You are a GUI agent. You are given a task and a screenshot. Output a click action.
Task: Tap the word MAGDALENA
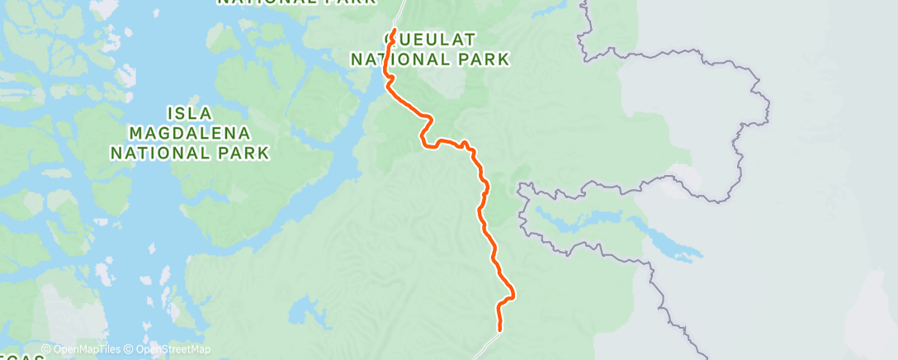pyautogui.click(x=190, y=132)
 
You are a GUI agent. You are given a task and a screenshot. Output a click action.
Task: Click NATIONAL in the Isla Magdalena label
pyautogui.click(x=161, y=153)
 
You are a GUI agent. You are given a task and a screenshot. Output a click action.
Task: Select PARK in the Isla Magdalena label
pyautogui.click(x=241, y=153)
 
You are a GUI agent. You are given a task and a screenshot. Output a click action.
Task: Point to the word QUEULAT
pyautogui.click(x=430, y=39)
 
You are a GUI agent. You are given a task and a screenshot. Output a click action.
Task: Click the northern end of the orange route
pyautogui.click(x=394, y=31)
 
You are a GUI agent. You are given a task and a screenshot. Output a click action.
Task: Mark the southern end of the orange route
pyautogui.click(x=499, y=329)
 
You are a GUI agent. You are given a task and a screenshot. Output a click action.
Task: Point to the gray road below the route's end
pyautogui.click(x=487, y=344)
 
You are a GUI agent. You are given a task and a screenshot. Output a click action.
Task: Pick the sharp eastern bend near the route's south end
pyautogui.click(x=513, y=293)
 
